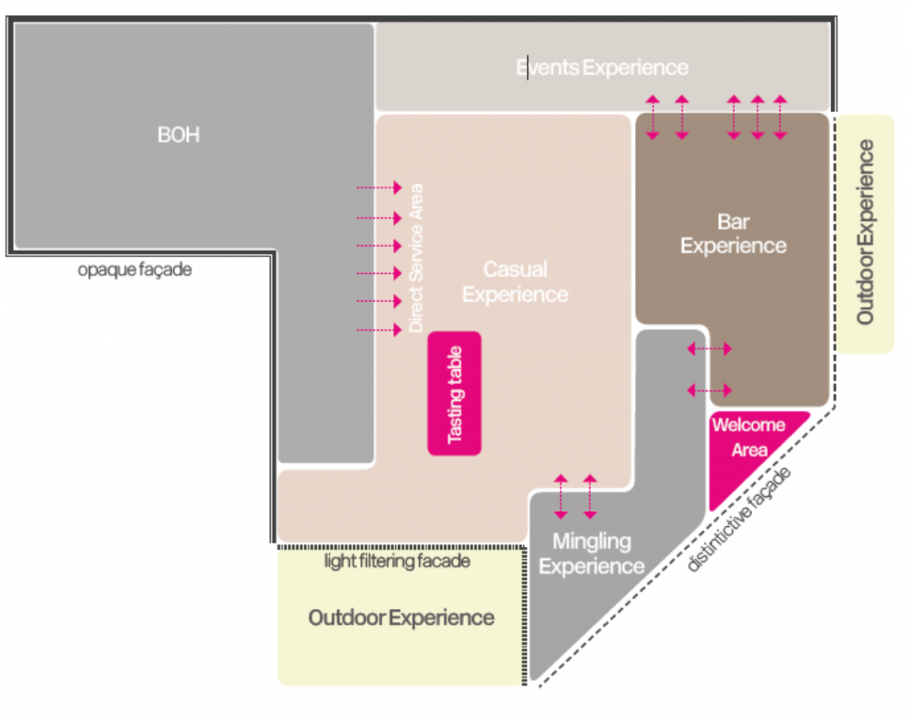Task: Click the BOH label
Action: click(178, 135)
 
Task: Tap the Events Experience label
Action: click(602, 67)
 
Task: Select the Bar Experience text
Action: click(733, 233)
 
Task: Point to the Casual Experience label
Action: click(515, 281)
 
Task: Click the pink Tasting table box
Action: click(454, 393)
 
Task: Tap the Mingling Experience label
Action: click(592, 554)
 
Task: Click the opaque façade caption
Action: click(135, 270)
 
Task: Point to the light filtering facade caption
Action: click(397, 561)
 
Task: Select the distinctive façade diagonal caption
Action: click(739, 519)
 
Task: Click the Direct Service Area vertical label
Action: click(415, 258)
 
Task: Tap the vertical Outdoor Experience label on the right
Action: click(865, 232)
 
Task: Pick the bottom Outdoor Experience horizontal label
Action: click(401, 618)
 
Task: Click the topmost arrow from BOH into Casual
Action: click(379, 188)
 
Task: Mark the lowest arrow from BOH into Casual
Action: click(379, 329)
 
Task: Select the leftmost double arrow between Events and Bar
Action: click(652, 117)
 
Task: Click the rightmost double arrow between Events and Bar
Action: click(780, 117)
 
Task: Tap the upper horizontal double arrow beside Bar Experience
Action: click(709, 349)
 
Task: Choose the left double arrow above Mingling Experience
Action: click(561, 496)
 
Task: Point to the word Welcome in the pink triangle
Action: click(748, 425)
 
